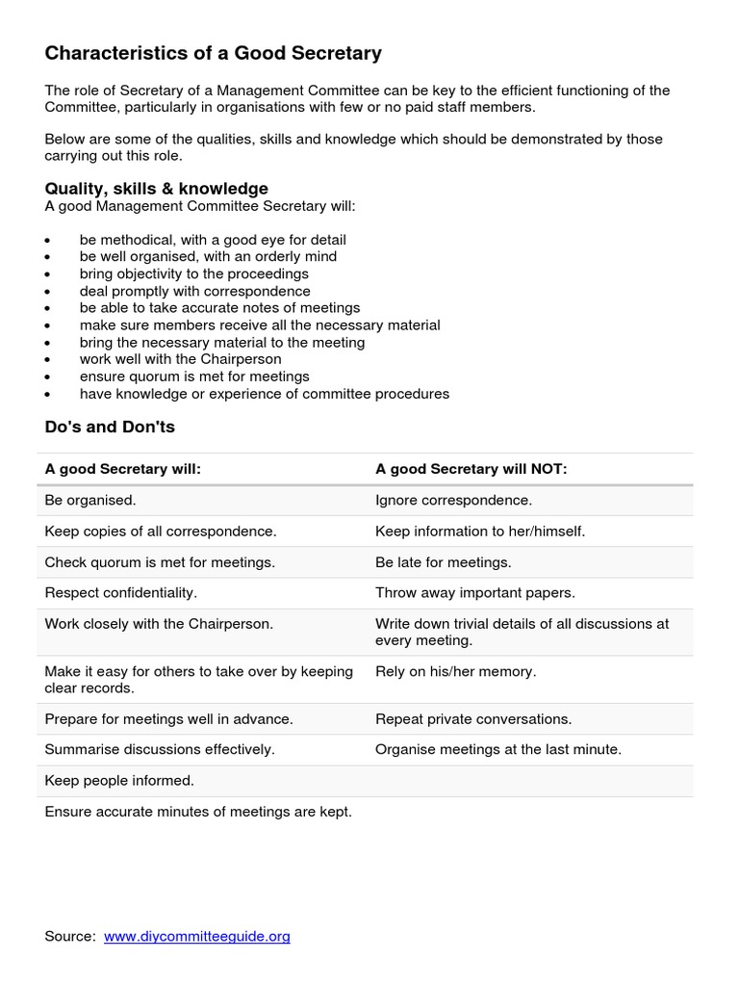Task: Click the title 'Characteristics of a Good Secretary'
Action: pos(213,54)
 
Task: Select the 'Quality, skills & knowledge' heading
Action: pos(156,189)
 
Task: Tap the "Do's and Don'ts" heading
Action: pos(110,426)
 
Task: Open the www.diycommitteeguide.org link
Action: pos(196,936)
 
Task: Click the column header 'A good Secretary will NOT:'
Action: pos(471,469)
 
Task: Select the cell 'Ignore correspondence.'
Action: pos(453,501)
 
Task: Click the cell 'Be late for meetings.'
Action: pos(443,562)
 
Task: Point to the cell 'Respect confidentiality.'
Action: pos(120,593)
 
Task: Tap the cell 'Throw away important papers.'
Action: pos(474,593)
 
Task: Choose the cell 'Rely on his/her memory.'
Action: pos(455,671)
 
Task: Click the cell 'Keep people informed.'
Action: pos(119,781)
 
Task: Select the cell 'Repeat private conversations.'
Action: pos(473,719)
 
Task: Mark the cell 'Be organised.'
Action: pos(90,501)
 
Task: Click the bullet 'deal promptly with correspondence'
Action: pos(194,291)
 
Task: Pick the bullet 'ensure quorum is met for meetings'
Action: pos(194,376)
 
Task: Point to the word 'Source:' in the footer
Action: pos(70,936)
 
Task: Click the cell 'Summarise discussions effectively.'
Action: pos(160,749)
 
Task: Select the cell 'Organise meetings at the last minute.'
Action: pos(498,749)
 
